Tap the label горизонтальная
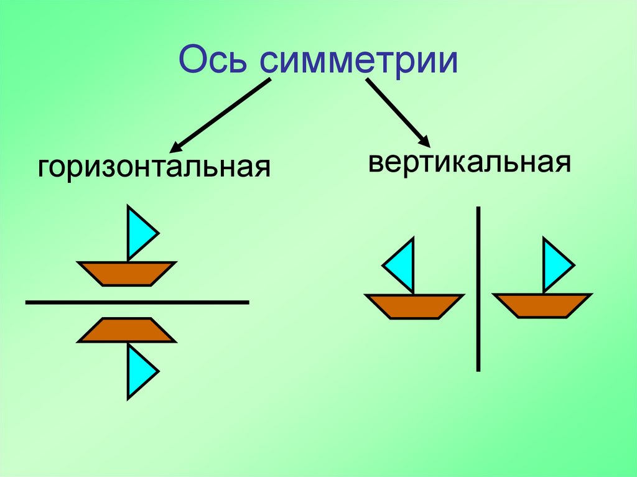(x=154, y=168)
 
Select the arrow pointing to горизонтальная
(x=221, y=116)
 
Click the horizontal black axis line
(x=137, y=302)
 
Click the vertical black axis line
(x=478, y=289)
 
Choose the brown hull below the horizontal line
(x=127, y=330)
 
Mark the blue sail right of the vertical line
(x=555, y=265)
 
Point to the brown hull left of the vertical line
(x=414, y=306)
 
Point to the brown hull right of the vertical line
(x=542, y=305)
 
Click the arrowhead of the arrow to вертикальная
(x=424, y=141)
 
